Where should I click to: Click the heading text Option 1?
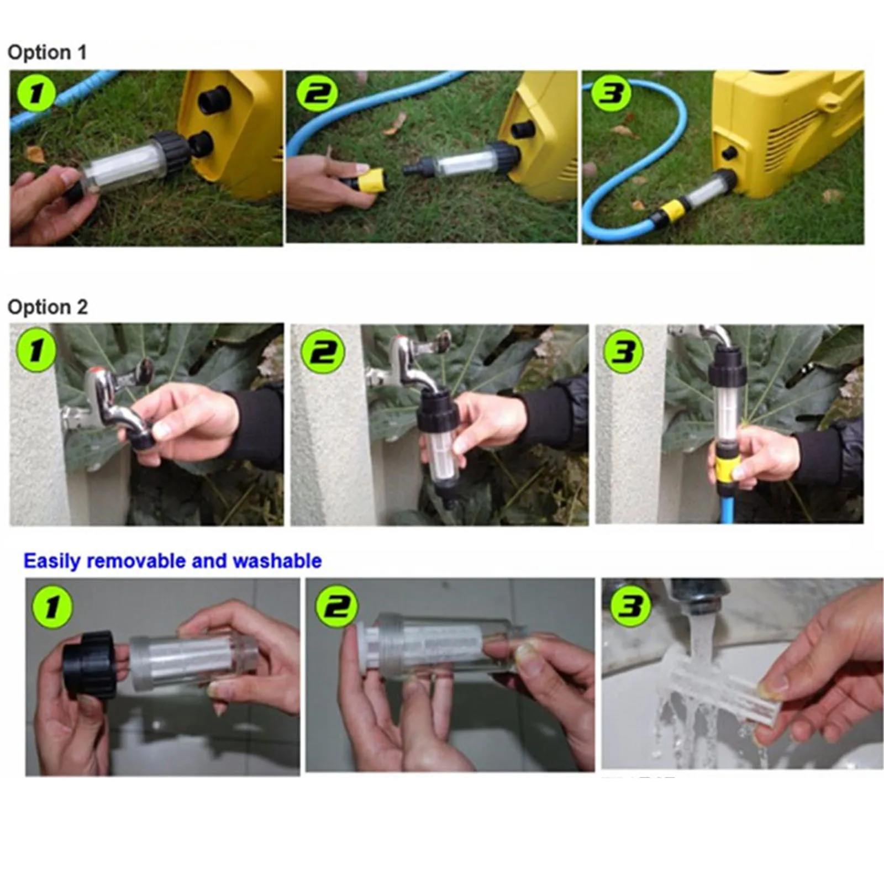coord(47,52)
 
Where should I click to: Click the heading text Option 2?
coord(48,307)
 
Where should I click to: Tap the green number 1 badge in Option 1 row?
coord(35,92)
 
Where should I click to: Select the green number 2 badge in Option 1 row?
coord(317,92)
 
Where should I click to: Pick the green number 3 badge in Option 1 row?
coord(611,92)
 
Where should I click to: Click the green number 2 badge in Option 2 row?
coord(323,351)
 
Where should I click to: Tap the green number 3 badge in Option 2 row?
coord(623,350)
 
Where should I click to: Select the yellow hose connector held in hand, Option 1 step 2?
coord(371,180)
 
